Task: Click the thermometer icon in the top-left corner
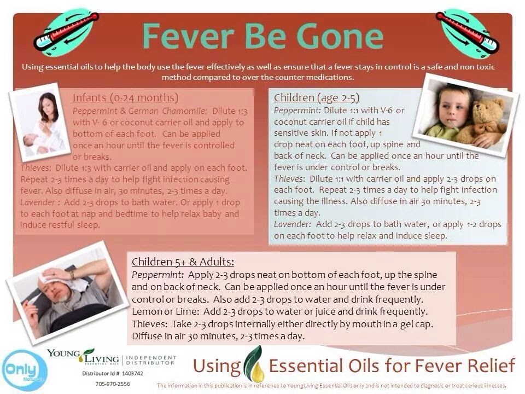tap(66, 32)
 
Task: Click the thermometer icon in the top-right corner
tap(467, 32)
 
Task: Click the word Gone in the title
tap(340, 36)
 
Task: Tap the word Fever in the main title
tap(188, 36)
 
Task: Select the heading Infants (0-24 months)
tap(126, 97)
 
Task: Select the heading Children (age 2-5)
tap(317, 97)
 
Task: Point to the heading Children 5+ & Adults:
tap(183, 262)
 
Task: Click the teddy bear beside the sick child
tap(482, 122)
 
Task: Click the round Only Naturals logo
tap(24, 370)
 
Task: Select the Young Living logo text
tap(83, 356)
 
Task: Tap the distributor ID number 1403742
tap(132, 373)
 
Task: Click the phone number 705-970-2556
tap(113, 384)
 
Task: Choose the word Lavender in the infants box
tap(38, 202)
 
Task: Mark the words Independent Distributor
tap(151, 360)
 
